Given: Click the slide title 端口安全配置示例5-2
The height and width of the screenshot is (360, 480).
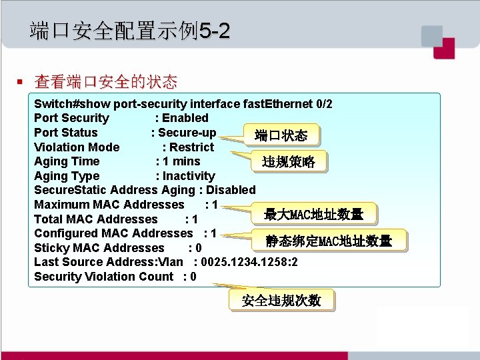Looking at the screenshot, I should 130,31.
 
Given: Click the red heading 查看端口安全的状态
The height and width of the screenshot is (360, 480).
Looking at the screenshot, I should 106,82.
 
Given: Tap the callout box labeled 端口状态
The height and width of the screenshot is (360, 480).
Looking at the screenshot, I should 281,136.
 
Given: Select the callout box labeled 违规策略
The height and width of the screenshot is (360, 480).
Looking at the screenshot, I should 289,162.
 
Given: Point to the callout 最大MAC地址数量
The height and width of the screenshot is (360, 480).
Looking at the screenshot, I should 313,215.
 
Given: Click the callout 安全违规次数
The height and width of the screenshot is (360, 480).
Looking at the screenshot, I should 281,301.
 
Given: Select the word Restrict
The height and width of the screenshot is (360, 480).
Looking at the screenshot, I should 192,147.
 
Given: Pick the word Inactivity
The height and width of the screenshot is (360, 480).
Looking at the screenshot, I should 189,176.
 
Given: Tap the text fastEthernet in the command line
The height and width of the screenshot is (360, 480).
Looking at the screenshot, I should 273,104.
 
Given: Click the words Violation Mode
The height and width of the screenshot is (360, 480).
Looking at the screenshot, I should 77,147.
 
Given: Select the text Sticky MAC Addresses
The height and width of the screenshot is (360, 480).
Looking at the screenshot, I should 99,248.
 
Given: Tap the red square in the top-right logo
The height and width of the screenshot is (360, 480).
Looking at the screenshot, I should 443,47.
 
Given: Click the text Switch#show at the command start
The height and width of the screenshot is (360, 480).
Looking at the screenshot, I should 73,104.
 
